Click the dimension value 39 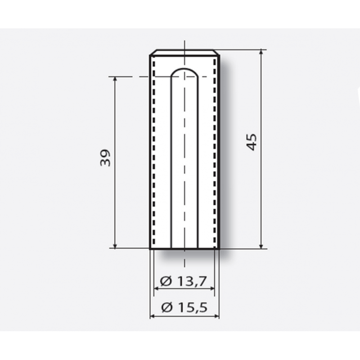point(105,158)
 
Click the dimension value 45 point(252,142)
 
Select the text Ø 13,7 point(184,281)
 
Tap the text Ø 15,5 point(184,307)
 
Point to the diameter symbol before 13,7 point(166,281)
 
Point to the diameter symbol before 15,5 point(167,307)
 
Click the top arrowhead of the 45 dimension point(261,52)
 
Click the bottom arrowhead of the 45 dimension point(261,246)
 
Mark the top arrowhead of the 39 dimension point(115,79)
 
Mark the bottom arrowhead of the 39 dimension point(115,246)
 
